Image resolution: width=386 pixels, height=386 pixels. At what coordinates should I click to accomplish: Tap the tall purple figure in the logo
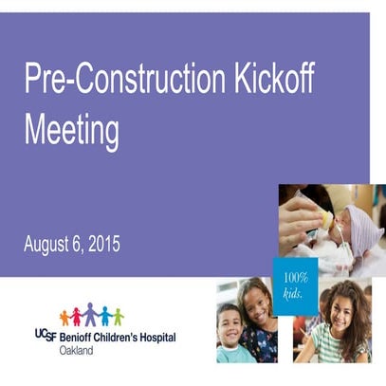[x=91, y=314]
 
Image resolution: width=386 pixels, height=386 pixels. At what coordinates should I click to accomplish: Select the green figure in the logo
[x=119, y=317]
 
